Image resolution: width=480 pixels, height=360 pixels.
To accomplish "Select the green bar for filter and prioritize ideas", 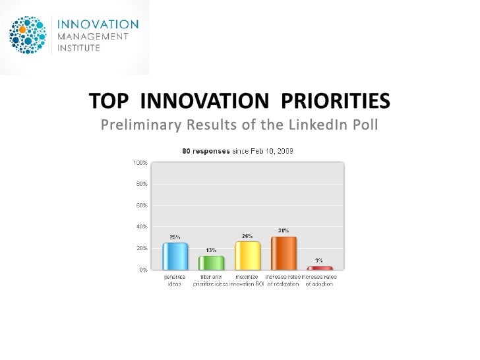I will (211, 262).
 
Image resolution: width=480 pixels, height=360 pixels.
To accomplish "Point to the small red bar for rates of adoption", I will (320, 268).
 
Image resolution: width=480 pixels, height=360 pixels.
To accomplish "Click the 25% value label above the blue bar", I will (175, 237).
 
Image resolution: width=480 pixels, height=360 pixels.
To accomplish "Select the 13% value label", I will (211, 250).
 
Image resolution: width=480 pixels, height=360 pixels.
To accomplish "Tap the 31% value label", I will (283, 230).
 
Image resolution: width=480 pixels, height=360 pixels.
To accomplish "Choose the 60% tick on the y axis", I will (141, 205).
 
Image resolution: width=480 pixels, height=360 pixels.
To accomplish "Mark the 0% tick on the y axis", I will (142, 270).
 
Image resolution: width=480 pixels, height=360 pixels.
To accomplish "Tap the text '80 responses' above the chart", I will (206, 151).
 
